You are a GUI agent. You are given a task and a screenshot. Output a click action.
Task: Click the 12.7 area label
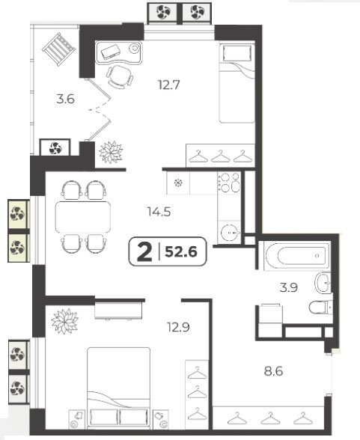(x=168, y=85)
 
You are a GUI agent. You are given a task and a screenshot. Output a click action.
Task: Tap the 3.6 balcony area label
(x=65, y=99)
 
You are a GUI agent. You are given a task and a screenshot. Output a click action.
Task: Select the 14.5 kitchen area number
(x=159, y=212)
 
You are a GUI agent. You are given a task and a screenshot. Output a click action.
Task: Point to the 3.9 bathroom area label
(x=289, y=287)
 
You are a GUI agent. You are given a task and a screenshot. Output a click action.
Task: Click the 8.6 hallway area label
(x=274, y=371)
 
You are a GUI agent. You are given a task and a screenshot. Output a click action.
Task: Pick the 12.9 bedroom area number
(x=178, y=327)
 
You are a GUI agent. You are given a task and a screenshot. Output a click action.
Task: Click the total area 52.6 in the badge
(x=181, y=251)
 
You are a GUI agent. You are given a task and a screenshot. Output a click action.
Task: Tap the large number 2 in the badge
(x=144, y=252)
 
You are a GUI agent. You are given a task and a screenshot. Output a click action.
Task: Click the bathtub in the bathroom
(x=297, y=256)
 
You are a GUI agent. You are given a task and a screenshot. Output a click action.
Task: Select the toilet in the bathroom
(x=321, y=308)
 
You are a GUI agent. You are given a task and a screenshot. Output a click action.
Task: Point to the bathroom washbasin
(x=323, y=283)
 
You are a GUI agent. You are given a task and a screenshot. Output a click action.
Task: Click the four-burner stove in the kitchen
(x=229, y=182)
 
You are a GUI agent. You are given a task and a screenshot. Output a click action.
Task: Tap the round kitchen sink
(x=230, y=233)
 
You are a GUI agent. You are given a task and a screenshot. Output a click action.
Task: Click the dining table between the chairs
(x=83, y=217)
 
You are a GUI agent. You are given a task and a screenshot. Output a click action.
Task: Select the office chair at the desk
(x=120, y=76)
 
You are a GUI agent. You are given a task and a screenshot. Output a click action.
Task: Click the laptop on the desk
(x=111, y=52)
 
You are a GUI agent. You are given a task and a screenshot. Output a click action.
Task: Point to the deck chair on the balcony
(x=59, y=49)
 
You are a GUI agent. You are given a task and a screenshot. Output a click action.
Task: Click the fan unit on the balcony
(x=55, y=148)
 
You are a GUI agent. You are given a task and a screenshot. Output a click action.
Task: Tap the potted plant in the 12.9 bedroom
(x=65, y=321)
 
